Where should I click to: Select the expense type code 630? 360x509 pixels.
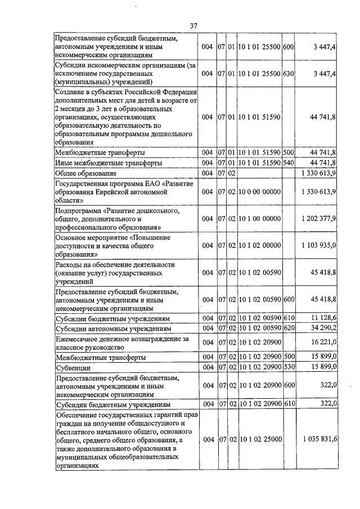(289, 74)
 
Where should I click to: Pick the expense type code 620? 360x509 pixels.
(289, 328)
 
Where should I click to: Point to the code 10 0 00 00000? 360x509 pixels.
(259, 191)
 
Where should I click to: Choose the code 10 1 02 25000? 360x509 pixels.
(259, 439)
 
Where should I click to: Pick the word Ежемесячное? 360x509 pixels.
(79, 339)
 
